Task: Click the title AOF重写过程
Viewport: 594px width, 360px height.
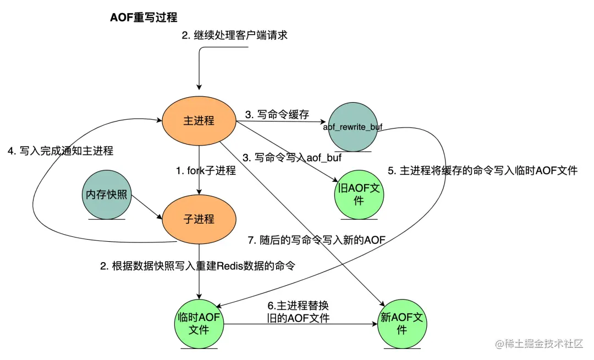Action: coord(144,17)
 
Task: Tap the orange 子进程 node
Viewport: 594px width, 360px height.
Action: coord(199,219)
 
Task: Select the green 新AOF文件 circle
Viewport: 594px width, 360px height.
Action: coord(402,324)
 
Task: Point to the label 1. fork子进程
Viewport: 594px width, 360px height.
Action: coord(206,171)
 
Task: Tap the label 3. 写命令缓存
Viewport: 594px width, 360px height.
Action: coord(277,115)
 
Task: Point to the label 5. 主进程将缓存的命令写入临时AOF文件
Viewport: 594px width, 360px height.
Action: coord(482,170)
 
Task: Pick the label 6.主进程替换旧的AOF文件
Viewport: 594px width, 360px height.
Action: coord(298,312)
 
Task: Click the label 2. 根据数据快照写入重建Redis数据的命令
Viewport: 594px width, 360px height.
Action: coord(197,267)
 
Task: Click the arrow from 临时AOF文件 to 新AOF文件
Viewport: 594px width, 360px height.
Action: coord(300,324)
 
